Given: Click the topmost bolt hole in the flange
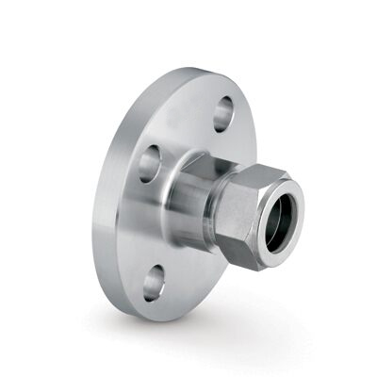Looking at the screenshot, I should pos(224,115).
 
